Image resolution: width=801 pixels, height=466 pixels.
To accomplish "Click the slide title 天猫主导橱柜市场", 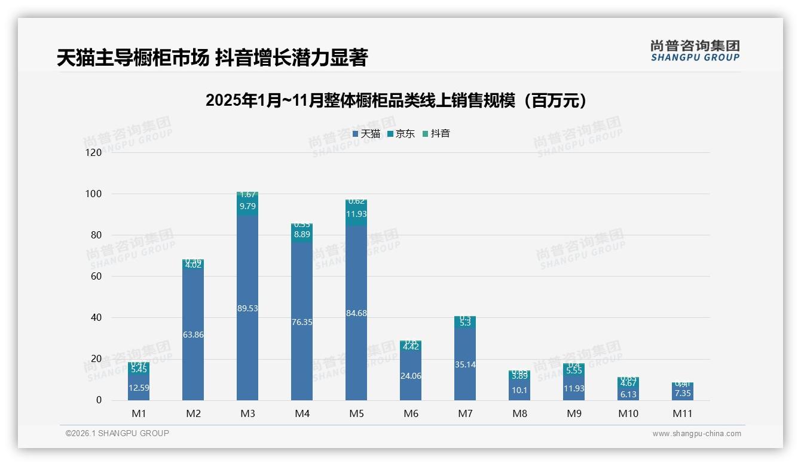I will (133, 58).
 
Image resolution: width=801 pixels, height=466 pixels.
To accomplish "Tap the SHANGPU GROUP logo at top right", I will (695, 51).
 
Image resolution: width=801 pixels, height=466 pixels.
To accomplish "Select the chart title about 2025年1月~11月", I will (396, 100).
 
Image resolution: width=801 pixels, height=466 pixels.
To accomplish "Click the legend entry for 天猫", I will (366, 134).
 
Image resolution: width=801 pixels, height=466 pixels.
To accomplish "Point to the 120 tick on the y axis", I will (94, 153).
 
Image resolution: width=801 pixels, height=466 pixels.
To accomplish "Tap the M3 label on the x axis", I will (247, 413).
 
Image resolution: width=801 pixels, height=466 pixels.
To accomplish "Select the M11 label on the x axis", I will (682, 413).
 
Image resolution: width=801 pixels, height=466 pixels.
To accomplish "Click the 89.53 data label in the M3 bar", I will (247, 308).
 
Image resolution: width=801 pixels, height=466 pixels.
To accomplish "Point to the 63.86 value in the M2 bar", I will (193, 335).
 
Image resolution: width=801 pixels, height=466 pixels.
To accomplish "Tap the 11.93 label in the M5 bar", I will (356, 214).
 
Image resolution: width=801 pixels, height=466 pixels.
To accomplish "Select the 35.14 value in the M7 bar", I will (465, 364).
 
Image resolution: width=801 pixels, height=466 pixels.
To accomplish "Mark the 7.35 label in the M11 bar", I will (682, 393).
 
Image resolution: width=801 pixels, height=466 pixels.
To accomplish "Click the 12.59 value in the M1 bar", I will (139, 388).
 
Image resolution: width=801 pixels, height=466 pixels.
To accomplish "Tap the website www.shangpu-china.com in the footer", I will (696, 434).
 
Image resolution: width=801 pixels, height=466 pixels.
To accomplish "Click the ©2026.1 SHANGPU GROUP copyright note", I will (117, 433).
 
